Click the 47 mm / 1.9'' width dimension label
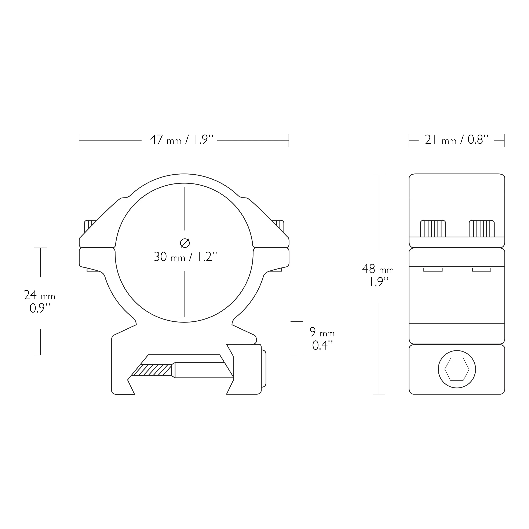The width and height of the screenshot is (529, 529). coord(182,140)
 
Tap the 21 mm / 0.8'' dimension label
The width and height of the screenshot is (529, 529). coord(456,140)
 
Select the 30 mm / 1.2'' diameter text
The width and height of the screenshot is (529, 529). coord(185,257)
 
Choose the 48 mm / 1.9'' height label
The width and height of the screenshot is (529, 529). coord(378,275)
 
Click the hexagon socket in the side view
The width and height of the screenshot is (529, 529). coord(457,369)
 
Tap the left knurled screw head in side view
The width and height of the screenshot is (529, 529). coord(433,229)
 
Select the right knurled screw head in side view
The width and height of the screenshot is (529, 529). coord(482,229)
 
